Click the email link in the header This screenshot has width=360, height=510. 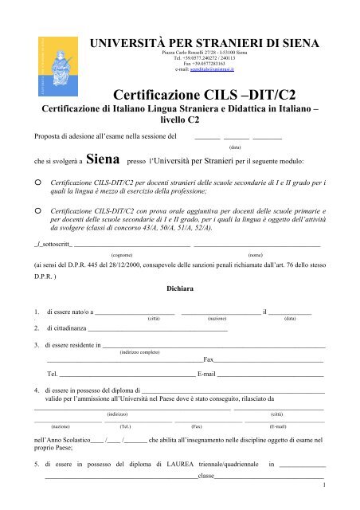[211, 70]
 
